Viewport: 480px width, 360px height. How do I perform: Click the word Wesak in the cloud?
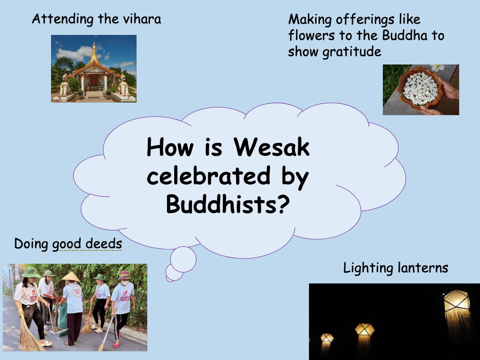[x=272, y=147]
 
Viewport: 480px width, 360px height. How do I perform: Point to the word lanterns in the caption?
[x=422, y=268]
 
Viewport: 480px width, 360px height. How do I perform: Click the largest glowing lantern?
[x=456, y=305]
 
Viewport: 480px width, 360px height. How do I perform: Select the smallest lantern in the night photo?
[x=327, y=338]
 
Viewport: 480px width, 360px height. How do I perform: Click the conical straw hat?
[x=71, y=277]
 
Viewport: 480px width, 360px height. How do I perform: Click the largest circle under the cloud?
[x=183, y=259]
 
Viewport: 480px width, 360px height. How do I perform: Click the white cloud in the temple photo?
[x=74, y=53]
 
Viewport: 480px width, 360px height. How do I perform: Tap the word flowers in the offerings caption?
[x=312, y=36]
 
